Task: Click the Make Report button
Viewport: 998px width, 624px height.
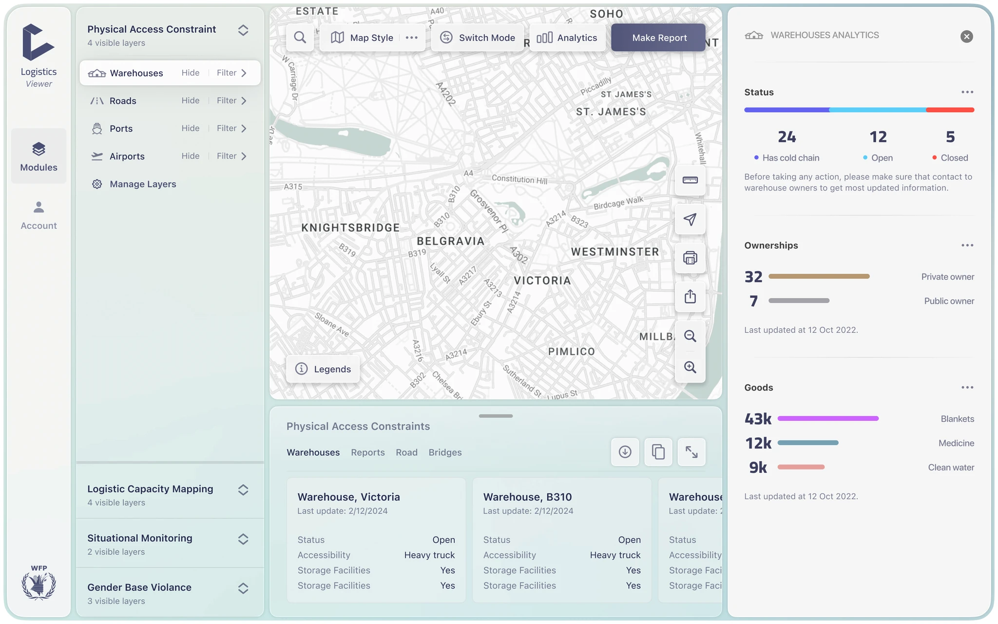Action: [658, 38]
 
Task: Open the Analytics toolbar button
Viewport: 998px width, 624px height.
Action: [567, 38]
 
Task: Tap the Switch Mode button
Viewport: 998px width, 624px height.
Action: [477, 38]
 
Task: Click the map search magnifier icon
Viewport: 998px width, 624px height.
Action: [300, 38]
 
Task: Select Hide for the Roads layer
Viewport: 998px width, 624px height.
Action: [191, 100]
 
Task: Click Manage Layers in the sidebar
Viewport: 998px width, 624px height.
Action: [143, 184]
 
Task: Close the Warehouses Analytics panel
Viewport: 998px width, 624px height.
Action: [967, 37]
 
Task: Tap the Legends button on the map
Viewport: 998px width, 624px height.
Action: [323, 369]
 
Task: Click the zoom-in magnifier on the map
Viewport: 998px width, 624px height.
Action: [690, 367]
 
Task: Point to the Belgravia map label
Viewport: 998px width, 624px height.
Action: [451, 241]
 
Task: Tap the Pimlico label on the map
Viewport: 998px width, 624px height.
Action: [572, 351]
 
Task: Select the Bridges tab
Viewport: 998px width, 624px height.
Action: [445, 452]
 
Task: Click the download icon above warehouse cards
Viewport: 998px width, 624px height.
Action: [625, 452]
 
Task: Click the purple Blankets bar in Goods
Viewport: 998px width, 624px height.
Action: [828, 418]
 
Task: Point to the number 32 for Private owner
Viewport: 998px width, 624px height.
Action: [753, 277]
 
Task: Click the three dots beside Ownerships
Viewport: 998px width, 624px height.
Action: [967, 245]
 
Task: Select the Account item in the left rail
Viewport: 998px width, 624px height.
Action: [38, 215]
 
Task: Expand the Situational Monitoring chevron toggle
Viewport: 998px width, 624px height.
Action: [243, 539]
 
